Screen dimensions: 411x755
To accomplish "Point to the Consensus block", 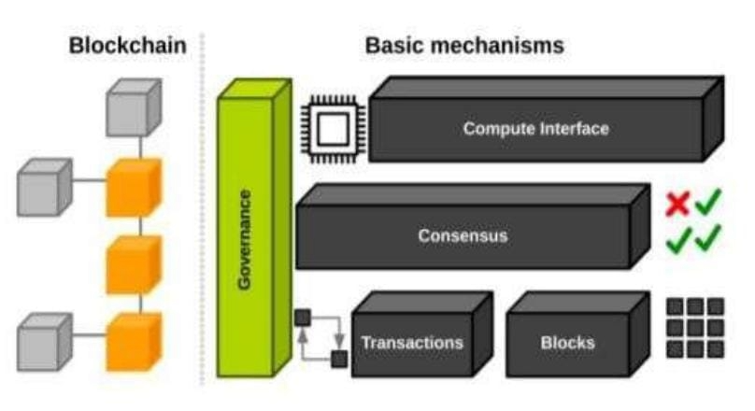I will (x=463, y=235).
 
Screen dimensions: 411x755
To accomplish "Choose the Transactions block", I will (x=411, y=342).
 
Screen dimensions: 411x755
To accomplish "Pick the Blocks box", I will (x=567, y=342).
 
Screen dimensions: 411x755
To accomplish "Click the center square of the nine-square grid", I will (x=695, y=328).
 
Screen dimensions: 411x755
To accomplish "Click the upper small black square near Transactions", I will (x=302, y=319).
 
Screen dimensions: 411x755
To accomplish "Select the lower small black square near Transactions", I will (x=338, y=358).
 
